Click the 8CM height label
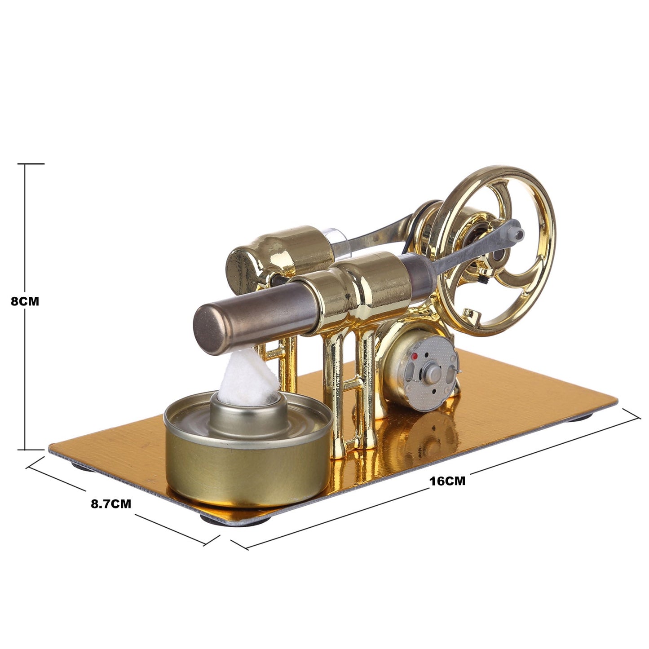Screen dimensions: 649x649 coord(25,301)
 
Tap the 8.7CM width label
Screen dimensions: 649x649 coord(111,504)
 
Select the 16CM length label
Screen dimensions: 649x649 coord(447,481)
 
